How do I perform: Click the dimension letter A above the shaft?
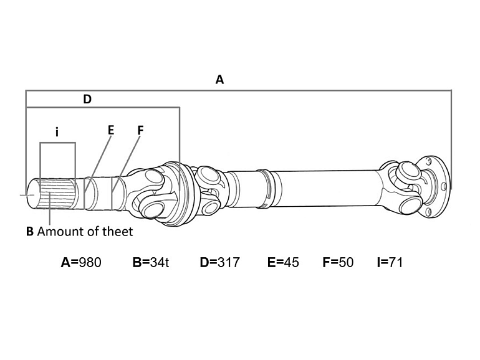click(220, 80)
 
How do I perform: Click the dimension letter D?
click(87, 100)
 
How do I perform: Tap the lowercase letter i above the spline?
click(57, 132)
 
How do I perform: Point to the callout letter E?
click(111, 130)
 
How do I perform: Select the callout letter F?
click(140, 131)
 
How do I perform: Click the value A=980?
click(81, 262)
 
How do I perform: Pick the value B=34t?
click(151, 262)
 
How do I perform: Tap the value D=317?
click(220, 262)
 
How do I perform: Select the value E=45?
click(283, 262)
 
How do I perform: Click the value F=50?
click(338, 262)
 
